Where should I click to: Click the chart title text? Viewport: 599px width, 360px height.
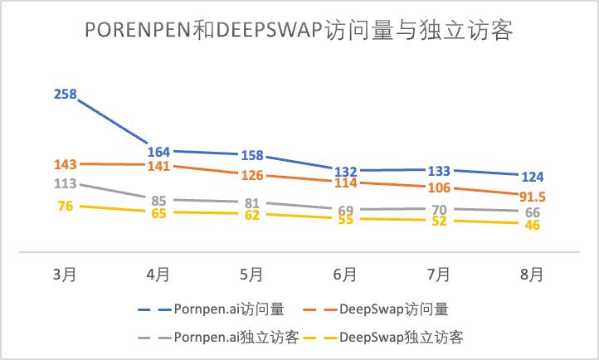click(299, 32)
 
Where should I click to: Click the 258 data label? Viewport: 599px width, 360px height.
click(65, 95)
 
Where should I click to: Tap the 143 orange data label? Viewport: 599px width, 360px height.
click(65, 164)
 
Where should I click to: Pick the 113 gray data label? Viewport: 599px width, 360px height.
click(65, 184)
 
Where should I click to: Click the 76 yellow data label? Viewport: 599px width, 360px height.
click(65, 207)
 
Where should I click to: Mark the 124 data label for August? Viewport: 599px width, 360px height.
click(532, 176)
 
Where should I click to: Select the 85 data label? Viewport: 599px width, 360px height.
click(158, 200)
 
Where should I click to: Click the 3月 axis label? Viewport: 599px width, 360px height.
click(65, 275)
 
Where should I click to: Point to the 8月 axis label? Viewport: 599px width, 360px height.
click(532, 275)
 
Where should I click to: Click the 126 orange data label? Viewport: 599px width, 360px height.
click(251, 175)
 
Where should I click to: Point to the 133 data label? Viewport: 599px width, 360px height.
click(438, 171)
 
